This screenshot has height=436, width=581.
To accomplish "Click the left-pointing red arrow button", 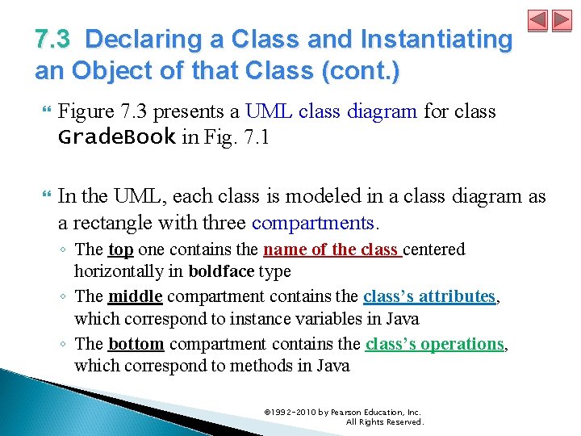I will pos(538,20).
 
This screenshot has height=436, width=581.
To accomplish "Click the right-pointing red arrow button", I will pos(561,20).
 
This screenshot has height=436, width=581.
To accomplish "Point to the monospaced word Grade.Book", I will pos(117,136).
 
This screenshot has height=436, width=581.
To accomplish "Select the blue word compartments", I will pos(313,221).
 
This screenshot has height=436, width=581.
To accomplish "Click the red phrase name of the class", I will pos(332,249).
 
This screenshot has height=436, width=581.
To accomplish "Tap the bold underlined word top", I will pos(120,249).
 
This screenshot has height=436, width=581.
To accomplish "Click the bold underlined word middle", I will pos(135,296).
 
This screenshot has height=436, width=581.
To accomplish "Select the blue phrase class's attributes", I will pos(428,296).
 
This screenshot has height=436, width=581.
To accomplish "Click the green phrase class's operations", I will pos(434,344).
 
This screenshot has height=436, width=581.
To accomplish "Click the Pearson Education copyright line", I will pos(343,413).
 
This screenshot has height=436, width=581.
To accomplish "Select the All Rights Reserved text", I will pos(384,421).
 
